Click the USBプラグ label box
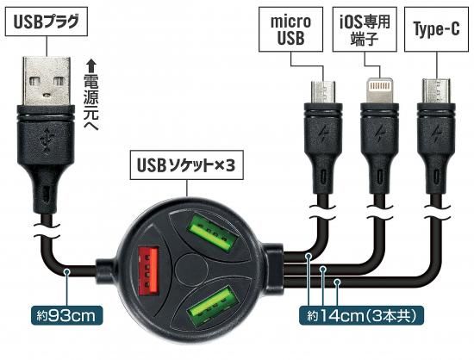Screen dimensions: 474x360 point(47,22)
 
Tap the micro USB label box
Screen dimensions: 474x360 point(290,29)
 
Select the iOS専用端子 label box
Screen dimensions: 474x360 point(365,29)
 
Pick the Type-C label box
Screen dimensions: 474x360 point(437,29)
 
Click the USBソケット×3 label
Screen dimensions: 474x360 point(186,165)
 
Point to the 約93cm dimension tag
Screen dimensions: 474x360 point(67,316)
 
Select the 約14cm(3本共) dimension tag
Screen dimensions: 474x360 point(361,316)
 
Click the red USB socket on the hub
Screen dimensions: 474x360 point(148,271)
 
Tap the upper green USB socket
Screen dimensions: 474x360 point(213,234)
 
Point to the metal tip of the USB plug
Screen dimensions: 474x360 point(47,81)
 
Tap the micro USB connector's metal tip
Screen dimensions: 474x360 point(323,92)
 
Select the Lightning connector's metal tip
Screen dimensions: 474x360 point(379,90)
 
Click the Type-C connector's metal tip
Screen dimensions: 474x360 point(437,91)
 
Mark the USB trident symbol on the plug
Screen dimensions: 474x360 point(47,140)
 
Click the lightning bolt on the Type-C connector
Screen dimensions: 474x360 point(436,134)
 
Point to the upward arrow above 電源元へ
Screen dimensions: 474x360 point(90,65)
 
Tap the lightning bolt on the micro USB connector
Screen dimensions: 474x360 point(323,134)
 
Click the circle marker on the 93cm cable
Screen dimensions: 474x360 point(67,272)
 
